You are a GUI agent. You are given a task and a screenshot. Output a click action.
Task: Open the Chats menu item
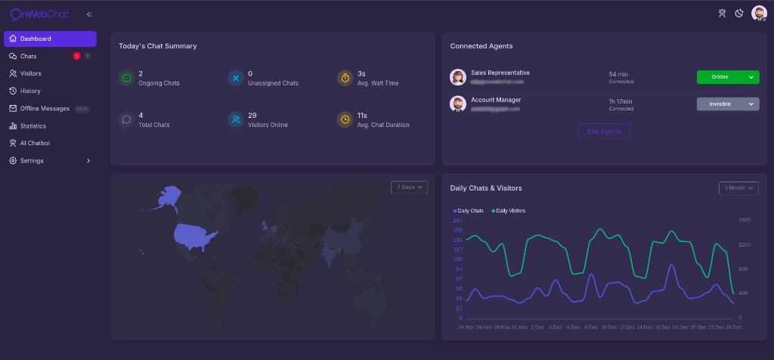28,56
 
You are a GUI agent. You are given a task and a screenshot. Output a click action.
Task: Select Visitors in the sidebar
30,73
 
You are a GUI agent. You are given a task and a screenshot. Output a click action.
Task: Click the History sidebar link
30,91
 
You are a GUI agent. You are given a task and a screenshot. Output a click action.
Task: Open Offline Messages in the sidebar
45,108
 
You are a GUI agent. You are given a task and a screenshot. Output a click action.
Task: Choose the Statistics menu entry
33,126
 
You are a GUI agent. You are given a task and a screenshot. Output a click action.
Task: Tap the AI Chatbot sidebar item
35,143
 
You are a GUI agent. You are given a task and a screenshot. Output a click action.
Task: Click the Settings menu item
32,160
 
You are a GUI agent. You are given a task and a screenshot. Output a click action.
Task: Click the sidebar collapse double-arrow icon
90,14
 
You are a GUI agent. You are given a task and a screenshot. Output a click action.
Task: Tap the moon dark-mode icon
739,13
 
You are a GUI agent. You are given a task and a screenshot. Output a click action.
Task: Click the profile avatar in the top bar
759,13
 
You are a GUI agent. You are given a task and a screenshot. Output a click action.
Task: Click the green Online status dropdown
727,77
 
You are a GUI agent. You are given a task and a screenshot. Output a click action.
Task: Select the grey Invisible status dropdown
727,104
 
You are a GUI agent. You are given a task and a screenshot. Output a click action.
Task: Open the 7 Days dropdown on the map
409,187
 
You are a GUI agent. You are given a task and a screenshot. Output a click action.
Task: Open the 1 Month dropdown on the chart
738,188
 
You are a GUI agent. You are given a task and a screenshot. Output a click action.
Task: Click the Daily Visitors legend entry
509,210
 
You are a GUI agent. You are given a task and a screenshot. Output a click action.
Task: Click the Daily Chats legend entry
469,210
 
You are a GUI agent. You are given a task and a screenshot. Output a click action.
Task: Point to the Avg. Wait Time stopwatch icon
345,78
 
